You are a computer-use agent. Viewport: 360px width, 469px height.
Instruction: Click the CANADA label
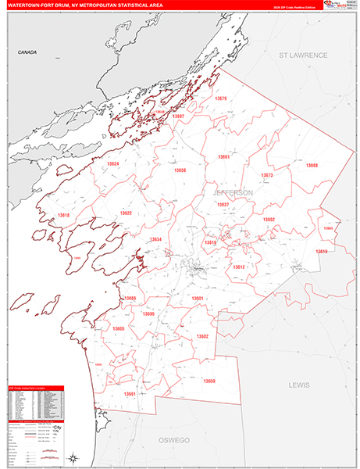coord(27,52)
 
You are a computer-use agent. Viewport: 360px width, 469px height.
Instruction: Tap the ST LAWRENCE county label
coord(303,55)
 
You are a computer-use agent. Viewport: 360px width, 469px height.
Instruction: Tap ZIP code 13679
coord(220,98)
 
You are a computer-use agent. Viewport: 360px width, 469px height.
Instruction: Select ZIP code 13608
coord(312,166)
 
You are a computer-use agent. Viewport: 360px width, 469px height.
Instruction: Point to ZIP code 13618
coord(62,215)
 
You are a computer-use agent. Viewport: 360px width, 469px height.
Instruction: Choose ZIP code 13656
coord(180,170)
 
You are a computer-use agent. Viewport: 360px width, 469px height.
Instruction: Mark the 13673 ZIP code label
coord(266,175)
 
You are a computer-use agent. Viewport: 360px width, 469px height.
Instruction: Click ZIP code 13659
coord(209,381)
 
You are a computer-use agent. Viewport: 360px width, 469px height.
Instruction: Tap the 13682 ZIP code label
coord(202,336)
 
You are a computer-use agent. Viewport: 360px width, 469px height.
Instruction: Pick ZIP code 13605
coord(119,329)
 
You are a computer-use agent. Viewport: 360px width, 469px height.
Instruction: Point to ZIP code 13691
coord(224,156)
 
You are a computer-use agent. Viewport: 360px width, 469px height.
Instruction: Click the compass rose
coord(71,457)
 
